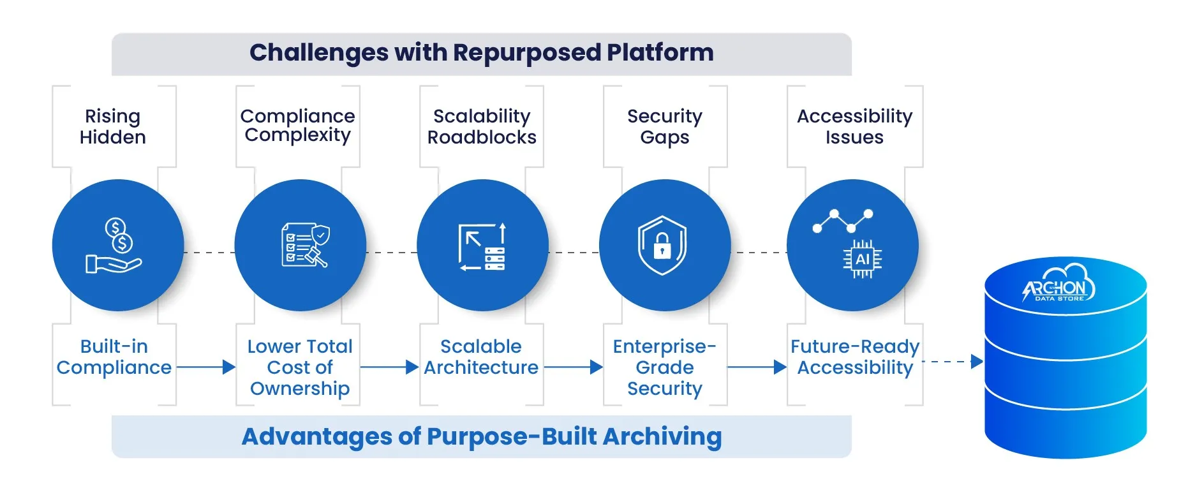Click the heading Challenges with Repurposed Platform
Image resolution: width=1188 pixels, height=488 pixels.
click(x=482, y=52)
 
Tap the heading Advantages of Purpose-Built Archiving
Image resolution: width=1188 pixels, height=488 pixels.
click(x=482, y=436)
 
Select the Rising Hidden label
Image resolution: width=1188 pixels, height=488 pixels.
click(x=113, y=126)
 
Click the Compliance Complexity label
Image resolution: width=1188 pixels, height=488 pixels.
click(x=297, y=126)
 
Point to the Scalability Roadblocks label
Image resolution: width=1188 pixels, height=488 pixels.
click(x=482, y=126)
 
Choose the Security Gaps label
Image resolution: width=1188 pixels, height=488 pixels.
click(x=665, y=126)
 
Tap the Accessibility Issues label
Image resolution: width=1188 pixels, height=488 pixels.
click(x=854, y=126)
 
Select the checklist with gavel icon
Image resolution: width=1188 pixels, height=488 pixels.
click(x=305, y=245)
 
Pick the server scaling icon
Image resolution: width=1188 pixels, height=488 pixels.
click(x=482, y=246)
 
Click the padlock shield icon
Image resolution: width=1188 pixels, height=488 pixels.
click(x=662, y=246)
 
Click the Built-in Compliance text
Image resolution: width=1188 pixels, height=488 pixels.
click(x=114, y=357)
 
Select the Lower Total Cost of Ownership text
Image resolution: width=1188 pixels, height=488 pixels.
click(x=300, y=367)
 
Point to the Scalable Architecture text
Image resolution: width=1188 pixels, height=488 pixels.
click(x=481, y=357)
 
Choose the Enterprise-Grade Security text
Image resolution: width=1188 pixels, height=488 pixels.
click(x=665, y=367)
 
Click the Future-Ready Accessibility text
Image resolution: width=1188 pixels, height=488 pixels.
click(x=855, y=357)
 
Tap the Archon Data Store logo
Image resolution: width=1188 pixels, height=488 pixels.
click(x=1058, y=283)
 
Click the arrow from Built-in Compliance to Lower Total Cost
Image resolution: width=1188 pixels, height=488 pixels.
click(x=206, y=367)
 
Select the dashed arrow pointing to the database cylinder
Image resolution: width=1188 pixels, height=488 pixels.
click(x=953, y=362)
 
